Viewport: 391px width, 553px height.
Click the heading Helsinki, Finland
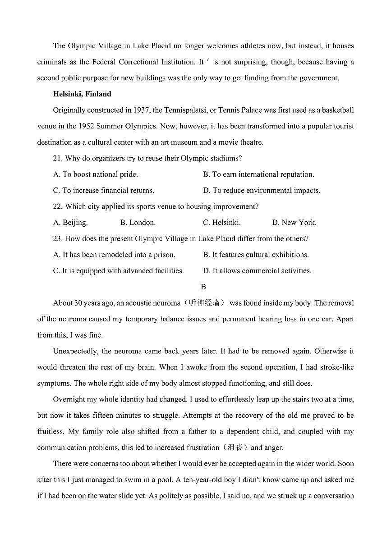pos(82,94)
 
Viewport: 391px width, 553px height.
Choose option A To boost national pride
pos(95,174)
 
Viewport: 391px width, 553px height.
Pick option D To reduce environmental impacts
pos(262,191)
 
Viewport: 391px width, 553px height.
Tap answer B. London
pos(138,223)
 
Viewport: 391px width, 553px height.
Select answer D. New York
pos(294,223)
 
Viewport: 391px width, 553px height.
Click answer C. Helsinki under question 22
pos(221,223)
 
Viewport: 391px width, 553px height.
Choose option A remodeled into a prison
pos(114,255)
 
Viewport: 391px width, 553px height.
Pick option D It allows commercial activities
pos(257,271)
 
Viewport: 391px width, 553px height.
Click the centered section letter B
pos(203,287)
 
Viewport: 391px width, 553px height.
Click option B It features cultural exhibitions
pos(256,255)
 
